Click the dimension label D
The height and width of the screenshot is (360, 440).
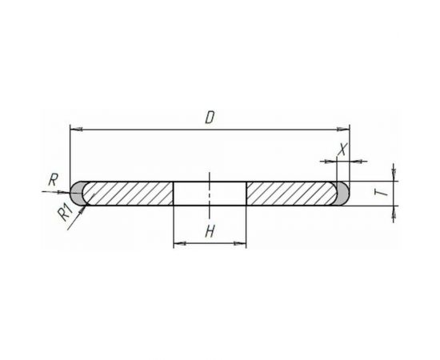210,118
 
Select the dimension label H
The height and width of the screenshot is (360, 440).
210,232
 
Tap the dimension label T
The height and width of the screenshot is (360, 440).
381,193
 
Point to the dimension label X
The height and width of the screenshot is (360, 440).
342,149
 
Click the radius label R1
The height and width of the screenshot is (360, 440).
65,213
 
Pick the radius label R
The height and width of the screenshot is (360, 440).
53,180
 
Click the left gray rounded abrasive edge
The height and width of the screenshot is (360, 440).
76,194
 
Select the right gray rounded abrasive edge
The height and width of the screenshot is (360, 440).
343,194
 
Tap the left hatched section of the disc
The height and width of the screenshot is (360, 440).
128,194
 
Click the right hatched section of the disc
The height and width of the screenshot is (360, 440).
291,194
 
